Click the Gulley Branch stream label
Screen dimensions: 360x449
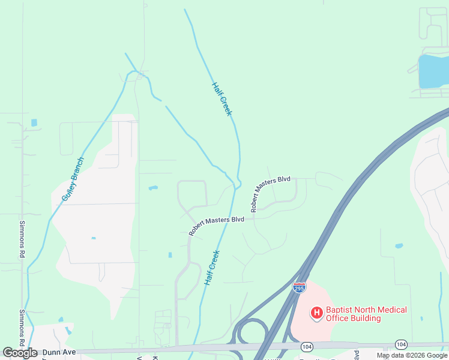click(73, 179)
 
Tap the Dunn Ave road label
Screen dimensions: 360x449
click(61, 352)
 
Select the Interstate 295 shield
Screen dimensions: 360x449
click(299, 287)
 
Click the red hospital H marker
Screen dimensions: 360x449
click(316, 313)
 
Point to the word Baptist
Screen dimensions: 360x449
click(339, 310)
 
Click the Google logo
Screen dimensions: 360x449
click(20, 353)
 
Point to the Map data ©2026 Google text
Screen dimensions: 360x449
click(412, 355)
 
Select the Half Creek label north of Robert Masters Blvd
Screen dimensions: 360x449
click(221, 99)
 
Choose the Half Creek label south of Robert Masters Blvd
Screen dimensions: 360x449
click(212, 267)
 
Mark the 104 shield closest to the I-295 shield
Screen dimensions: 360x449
click(307, 347)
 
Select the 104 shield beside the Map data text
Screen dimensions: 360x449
click(400, 344)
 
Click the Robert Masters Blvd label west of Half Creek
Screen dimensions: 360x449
click(216, 225)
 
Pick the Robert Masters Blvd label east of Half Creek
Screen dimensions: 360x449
click(270, 193)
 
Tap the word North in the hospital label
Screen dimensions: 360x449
click(365, 310)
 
